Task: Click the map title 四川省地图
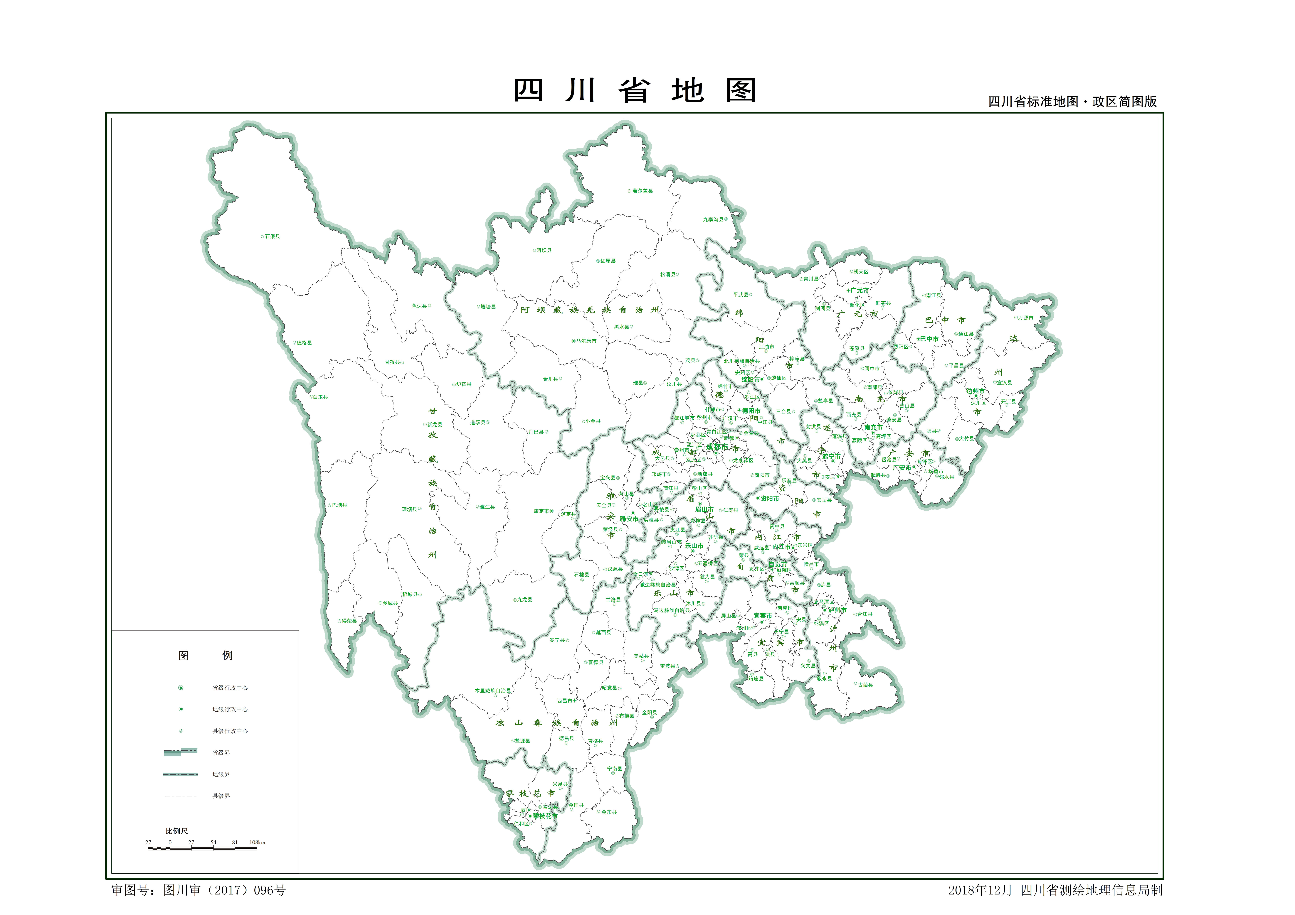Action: click(x=635, y=90)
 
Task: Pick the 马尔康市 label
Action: click(x=586, y=341)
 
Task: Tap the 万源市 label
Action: click(x=1025, y=318)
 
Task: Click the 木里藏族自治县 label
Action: click(x=492, y=691)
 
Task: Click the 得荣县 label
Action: click(x=349, y=621)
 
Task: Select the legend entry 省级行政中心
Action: click(x=230, y=688)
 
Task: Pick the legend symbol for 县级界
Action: click(x=181, y=796)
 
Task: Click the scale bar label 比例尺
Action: click(x=176, y=831)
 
